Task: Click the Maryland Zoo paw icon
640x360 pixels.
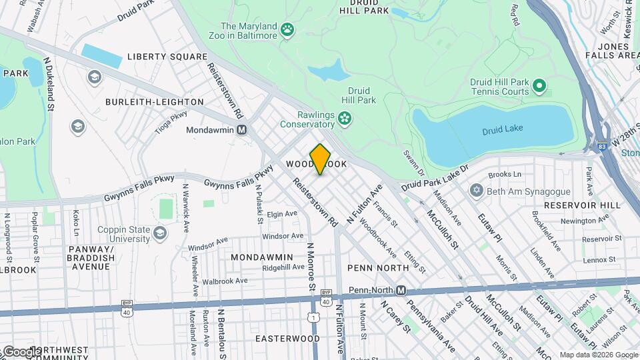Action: click(x=287, y=29)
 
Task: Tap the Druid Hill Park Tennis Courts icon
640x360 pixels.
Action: click(x=539, y=86)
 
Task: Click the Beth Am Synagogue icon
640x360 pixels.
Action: click(x=476, y=191)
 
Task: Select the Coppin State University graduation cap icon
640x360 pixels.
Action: click(x=159, y=233)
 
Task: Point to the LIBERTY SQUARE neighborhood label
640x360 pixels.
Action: click(x=167, y=57)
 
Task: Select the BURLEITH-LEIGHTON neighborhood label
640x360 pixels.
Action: click(x=155, y=102)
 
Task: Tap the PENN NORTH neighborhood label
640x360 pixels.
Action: click(x=378, y=267)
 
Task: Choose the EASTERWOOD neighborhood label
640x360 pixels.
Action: click(x=287, y=339)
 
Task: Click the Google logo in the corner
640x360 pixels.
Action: click(x=21, y=351)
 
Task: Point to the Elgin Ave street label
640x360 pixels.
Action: click(x=281, y=214)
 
